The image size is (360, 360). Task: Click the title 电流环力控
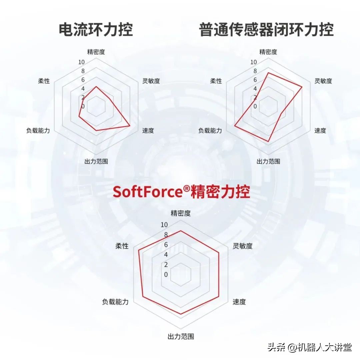[96, 29]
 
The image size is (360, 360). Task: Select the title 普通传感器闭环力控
[266, 29]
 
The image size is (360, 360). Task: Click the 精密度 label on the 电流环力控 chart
[96, 52]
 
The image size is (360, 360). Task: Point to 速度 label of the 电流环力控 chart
[148, 130]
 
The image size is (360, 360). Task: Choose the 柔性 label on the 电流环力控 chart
[44, 81]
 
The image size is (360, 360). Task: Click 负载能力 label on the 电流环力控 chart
[38, 130]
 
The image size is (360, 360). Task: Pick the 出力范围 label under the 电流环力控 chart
[96, 161]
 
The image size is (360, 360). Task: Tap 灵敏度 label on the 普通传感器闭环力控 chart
[323, 81]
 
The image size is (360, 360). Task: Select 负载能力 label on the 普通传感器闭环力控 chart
[210, 130]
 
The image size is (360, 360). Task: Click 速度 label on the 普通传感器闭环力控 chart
[320, 130]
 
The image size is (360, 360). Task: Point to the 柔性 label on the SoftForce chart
[122, 246]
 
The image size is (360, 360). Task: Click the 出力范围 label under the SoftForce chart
[181, 336]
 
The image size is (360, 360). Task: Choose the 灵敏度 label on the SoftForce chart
[243, 246]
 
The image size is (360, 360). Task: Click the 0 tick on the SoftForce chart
[166, 274]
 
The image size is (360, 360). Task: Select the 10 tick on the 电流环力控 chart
[81, 62]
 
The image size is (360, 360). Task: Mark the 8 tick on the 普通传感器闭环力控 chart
[255, 71]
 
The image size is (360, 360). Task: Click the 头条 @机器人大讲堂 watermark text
[309, 348]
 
